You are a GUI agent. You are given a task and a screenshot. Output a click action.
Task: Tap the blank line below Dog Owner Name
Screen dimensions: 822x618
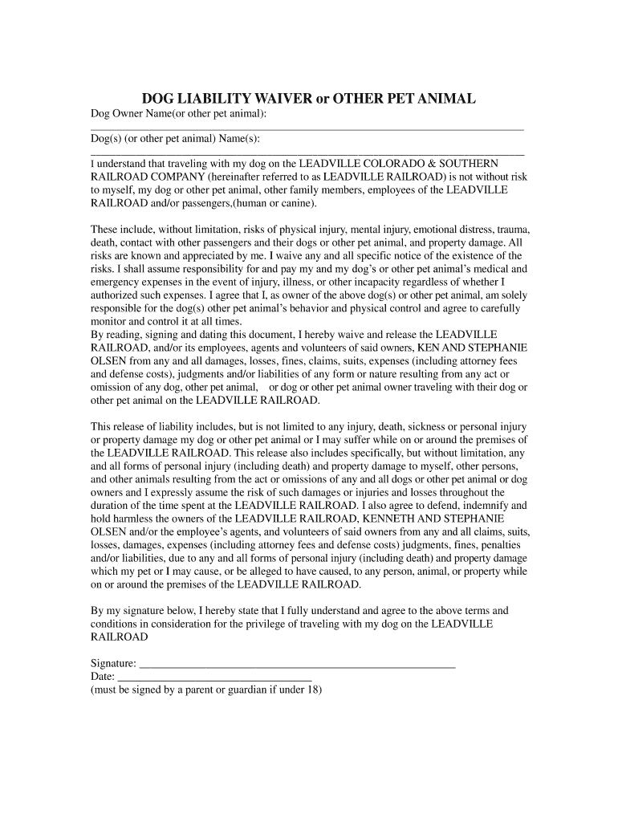coord(307,128)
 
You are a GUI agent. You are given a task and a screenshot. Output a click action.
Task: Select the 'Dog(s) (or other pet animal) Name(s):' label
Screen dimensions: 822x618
coord(175,140)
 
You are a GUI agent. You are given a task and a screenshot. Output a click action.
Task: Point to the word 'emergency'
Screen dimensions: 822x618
coord(118,283)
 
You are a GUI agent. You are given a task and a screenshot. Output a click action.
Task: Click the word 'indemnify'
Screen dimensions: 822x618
coord(486,506)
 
